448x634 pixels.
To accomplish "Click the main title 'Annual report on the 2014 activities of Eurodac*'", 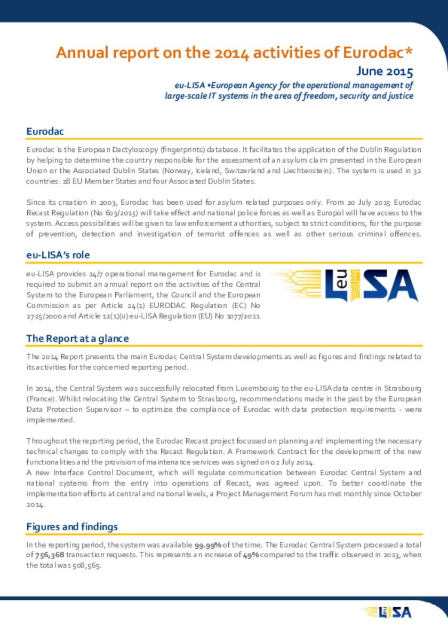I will [x=235, y=53].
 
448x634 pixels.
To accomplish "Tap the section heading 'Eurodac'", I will [x=45, y=131].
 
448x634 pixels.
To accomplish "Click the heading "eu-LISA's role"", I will [x=62, y=255].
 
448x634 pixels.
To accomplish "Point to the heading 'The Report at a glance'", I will [x=77, y=339].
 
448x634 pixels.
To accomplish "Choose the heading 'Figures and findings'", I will [x=72, y=526].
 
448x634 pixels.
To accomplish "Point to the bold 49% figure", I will [x=251, y=555].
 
